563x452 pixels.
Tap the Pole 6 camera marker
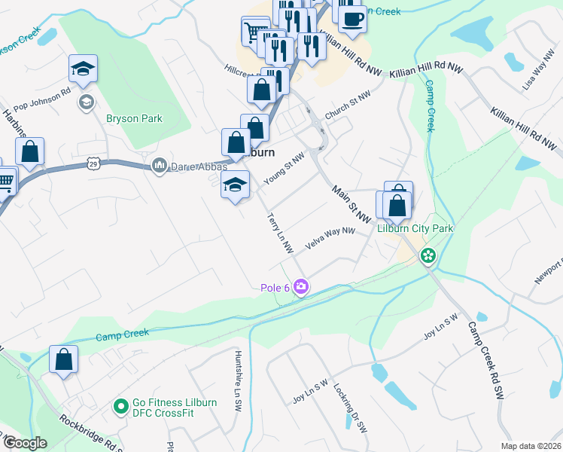(301, 287)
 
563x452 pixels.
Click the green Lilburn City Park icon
(428, 256)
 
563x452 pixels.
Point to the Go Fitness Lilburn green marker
(119, 408)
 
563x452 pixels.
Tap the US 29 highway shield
(93, 163)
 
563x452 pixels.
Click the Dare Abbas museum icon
(159, 165)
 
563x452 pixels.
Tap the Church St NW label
(348, 106)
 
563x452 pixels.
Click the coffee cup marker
(352, 18)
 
